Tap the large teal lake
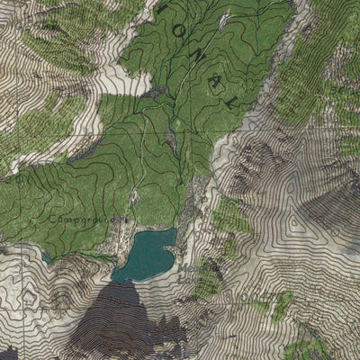[147, 254]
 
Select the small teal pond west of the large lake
[46, 258]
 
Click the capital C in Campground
[54, 219]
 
